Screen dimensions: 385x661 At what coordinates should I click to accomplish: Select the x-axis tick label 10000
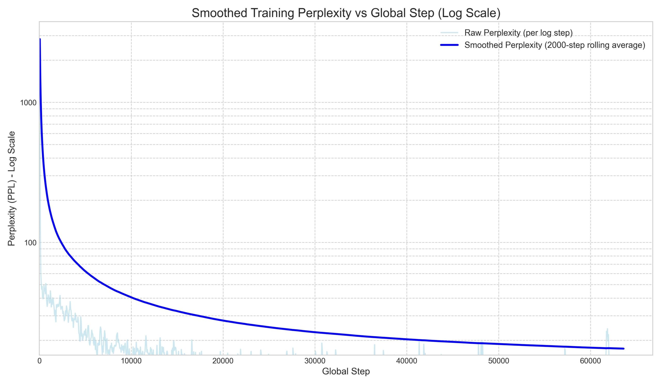[131, 361]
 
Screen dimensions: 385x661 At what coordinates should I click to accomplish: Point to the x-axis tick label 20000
[223, 361]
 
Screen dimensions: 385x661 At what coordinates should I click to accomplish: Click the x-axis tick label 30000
[315, 361]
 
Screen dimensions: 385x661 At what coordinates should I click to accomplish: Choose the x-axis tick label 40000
[407, 361]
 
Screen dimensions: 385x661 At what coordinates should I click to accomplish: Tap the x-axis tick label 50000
[498, 361]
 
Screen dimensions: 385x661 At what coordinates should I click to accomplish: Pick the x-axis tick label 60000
[590, 361]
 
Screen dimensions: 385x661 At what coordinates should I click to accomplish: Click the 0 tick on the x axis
[40, 361]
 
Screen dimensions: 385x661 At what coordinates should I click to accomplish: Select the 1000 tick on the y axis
[28, 103]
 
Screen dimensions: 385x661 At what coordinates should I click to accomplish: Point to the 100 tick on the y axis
[30, 243]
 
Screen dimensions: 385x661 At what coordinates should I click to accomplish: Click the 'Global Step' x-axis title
[346, 371]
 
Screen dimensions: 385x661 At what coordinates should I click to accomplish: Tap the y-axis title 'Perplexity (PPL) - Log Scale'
[12, 189]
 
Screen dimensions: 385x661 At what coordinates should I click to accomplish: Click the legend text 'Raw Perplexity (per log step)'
[518, 33]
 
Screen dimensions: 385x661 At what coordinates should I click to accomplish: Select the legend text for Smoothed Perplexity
[555, 45]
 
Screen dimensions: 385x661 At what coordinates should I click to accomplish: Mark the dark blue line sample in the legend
[449, 45]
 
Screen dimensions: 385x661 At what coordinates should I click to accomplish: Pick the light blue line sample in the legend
[449, 33]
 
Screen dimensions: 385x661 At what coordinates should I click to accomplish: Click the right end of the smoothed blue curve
[624, 349]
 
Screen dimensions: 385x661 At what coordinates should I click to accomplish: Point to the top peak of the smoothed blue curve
[40, 39]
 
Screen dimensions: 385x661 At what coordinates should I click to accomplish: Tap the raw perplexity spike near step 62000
[607, 331]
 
